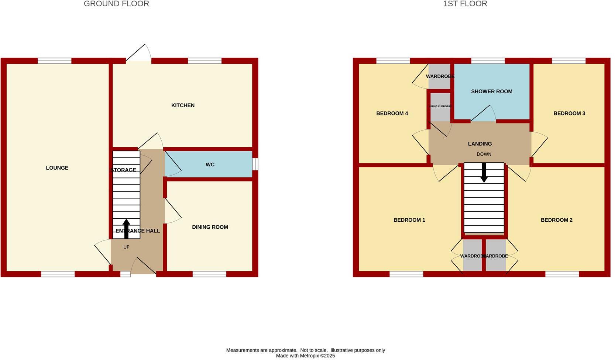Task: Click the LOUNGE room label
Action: pos(57,168)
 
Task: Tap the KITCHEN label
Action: pos(183,105)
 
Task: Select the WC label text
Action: pos(210,165)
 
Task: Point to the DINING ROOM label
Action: pos(210,227)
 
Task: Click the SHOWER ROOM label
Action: pos(491,91)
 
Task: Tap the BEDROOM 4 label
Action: pos(392,114)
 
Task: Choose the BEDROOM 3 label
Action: pos(569,114)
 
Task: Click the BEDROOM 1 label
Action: pos(409,220)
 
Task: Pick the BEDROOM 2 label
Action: pos(556,220)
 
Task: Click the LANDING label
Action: pos(480,144)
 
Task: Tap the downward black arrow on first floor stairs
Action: pos(484,172)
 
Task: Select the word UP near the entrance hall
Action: pos(126,247)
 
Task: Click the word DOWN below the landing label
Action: pos(484,154)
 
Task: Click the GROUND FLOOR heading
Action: pos(116,4)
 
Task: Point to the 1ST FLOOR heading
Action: pos(465,4)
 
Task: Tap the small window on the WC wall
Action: pos(255,164)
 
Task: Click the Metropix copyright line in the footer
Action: pos(305,356)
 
